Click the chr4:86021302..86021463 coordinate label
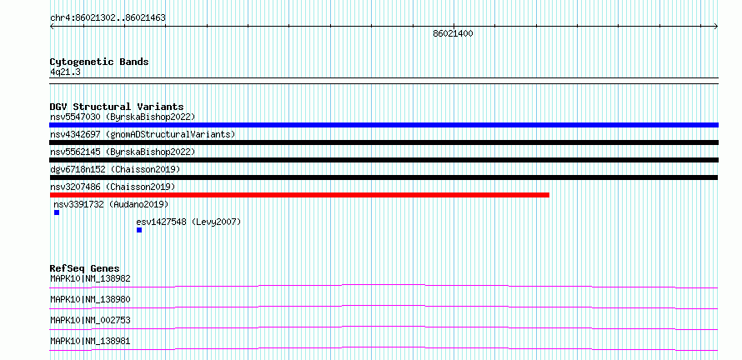click(x=108, y=18)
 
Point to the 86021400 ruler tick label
click(x=453, y=33)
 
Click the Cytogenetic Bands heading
click(x=99, y=62)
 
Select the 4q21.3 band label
click(x=65, y=72)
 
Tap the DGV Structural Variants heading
click(x=117, y=107)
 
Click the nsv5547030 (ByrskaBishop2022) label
click(x=123, y=117)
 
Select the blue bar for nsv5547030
click(x=384, y=125)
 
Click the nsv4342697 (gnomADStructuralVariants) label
click(x=143, y=134)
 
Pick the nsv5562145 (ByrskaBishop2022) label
click(x=123, y=152)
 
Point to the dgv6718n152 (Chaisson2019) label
click(x=115, y=169)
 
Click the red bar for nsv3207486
click(x=299, y=195)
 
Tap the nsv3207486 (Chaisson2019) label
click(x=113, y=187)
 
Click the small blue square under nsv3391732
click(x=57, y=212)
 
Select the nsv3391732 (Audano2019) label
click(x=111, y=204)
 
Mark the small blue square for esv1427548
click(x=139, y=230)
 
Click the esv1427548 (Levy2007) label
click(x=188, y=222)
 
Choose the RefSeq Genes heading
click(x=85, y=268)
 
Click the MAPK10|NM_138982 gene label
click(x=90, y=278)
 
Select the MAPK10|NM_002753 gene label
click(x=90, y=320)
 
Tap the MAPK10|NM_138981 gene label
click(x=90, y=341)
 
